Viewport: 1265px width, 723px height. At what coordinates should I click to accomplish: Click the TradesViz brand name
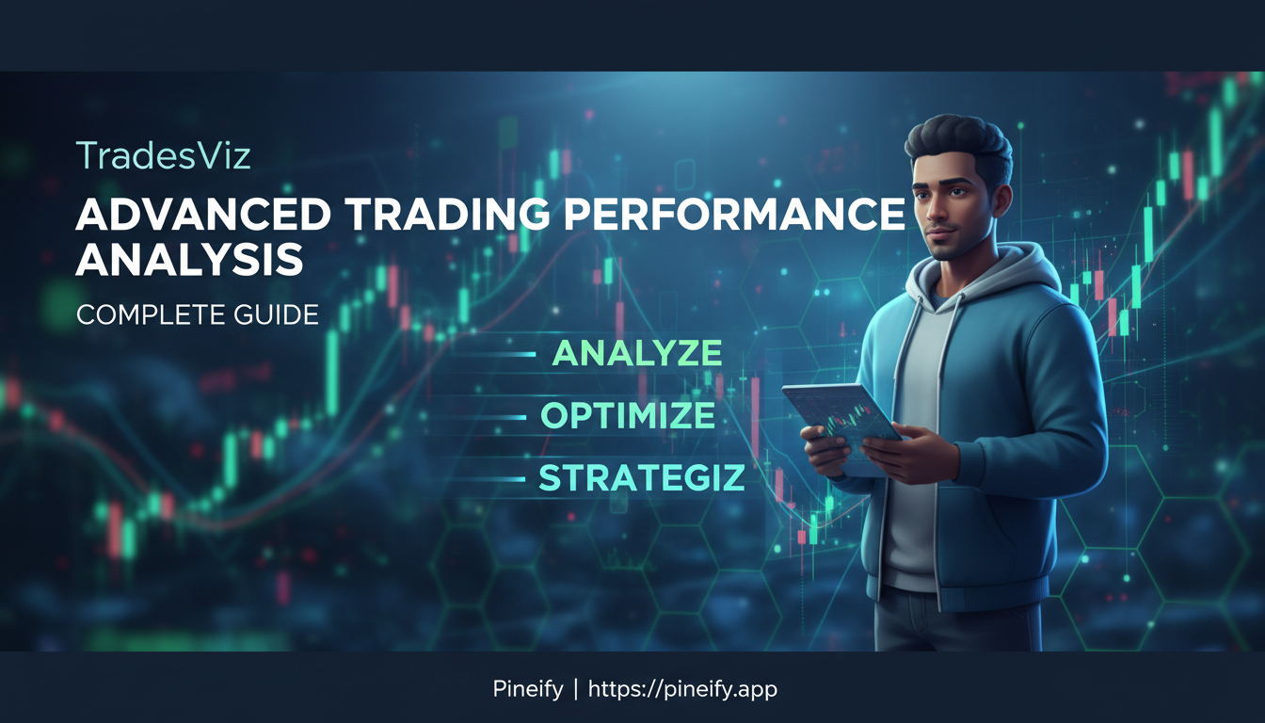click(163, 155)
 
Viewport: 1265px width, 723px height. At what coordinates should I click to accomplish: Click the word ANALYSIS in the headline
click(189, 259)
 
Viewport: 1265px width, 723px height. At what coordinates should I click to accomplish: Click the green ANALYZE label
click(637, 353)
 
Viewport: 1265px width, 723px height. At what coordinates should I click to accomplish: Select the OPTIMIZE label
click(628, 416)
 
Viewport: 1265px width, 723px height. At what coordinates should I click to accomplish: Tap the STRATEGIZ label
click(641, 478)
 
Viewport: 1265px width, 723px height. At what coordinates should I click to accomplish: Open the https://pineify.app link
click(682, 689)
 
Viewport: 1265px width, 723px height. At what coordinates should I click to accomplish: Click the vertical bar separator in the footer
click(575, 689)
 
